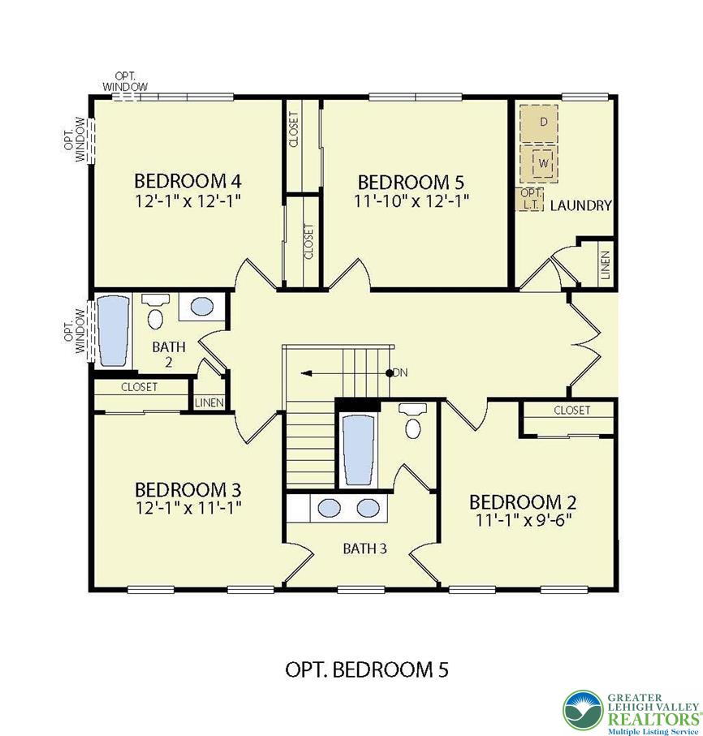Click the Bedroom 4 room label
pyautogui.click(x=188, y=181)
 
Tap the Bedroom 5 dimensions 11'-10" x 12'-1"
pyautogui.click(x=412, y=201)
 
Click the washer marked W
pyautogui.click(x=539, y=163)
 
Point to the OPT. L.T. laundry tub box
pyautogui.click(x=530, y=200)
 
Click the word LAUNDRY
pyautogui.click(x=581, y=205)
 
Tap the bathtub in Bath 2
pyautogui.click(x=113, y=330)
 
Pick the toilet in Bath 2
pyautogui.click(x=155, y=312)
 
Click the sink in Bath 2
pyautogui.click(x=202, y=307)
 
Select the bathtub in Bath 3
pyautogui.click(x=360, y=450)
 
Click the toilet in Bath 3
pyautogui.click(x=412, y=420)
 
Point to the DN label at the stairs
pyautogui.click(x=400, y=372)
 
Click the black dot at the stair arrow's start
pyautogui.click(x=389, y=373)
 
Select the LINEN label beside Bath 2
pyautogui.click(x=209, y=403)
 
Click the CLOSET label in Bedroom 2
pyautogui.click(x=572, y=411)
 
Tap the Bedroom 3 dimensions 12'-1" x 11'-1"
pyautogui.click(x=188, y=507)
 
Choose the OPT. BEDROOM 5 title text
pyautogui.click(x=367, y=669)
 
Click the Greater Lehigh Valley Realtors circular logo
pyautogui.click(x=584, y=709)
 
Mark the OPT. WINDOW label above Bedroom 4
pyautogui.click(x=125, y=82)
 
